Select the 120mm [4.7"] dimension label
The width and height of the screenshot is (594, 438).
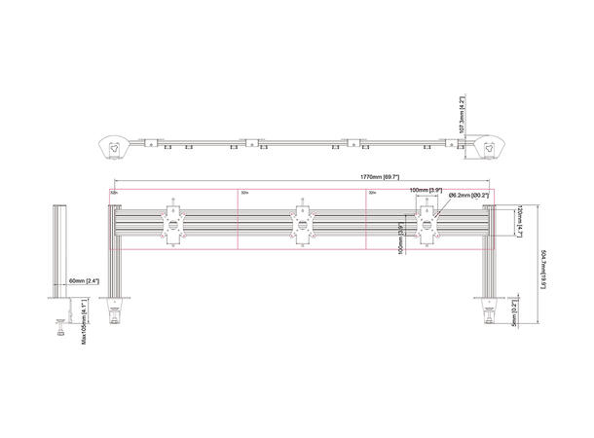click(x=520, y=222)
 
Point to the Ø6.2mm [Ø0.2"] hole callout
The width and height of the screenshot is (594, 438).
click(x=469, y=196)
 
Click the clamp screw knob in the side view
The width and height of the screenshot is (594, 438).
click(x=64, y=328)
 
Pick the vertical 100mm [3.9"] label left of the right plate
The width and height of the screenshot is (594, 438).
click(x=401, y=237)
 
